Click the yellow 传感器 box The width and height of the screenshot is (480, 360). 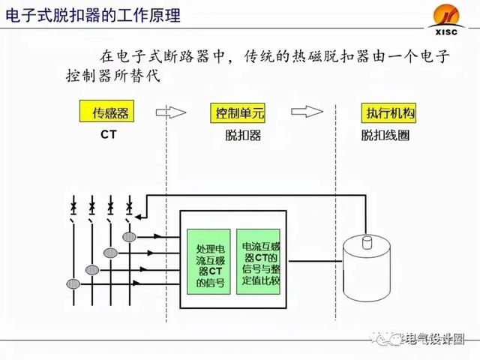111,112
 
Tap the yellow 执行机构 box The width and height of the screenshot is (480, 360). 389,112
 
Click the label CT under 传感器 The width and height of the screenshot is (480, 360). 109,136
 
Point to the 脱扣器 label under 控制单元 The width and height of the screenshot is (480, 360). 240,136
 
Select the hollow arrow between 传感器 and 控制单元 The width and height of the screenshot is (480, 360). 172,112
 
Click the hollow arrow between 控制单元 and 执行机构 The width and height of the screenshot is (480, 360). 309,112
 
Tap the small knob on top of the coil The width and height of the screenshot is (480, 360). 367,241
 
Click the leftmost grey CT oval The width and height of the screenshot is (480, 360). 73,284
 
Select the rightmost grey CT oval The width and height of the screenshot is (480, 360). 130,237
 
